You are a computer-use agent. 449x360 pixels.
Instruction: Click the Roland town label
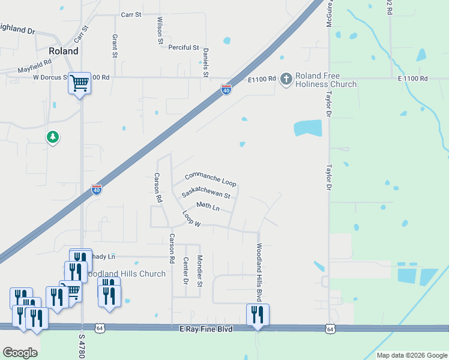pos(64,52)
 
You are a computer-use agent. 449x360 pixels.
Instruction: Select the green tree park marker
pos(53,137)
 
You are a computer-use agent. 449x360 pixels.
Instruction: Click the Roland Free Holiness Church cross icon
pos(286,79)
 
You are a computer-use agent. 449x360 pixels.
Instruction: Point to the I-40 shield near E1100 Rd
pos(226,90)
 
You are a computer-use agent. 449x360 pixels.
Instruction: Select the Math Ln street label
pos(208,206)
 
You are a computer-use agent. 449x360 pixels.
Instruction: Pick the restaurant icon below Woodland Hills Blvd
pos(258,314)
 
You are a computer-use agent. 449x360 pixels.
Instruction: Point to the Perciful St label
pos(183,47)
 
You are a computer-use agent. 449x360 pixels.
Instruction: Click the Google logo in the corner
pos(20,353)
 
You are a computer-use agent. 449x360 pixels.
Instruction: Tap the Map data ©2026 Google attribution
pos(412,355)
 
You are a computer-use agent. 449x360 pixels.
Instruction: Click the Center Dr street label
pos(186,269)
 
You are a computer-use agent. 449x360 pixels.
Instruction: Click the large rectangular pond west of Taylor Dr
pos(307,128)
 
